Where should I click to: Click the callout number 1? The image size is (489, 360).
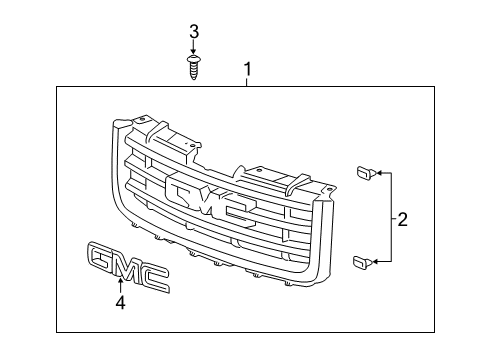point(246,70)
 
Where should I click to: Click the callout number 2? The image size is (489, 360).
point(402,218)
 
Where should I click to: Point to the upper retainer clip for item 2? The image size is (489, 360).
point(363,174)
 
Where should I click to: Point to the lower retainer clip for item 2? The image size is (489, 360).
point(363,263)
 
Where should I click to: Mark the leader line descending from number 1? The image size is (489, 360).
point(246,82)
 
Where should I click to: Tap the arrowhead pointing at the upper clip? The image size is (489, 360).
point(376,174)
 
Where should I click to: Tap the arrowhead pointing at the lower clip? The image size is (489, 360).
point(376,263)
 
